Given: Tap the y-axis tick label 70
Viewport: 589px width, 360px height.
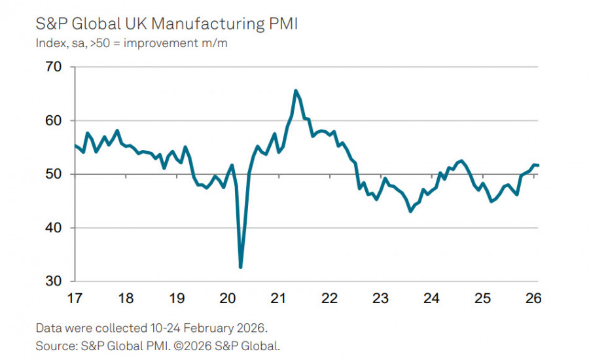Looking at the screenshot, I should click(x=54, y=67).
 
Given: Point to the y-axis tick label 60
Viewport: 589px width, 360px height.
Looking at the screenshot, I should click(x=54, y=120).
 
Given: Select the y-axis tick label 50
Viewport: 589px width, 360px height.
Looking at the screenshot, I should click(x=54, y=174).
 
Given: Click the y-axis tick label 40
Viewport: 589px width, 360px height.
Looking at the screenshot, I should click(x=54, y=228).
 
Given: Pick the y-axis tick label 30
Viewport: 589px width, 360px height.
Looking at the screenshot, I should click(x=54, y=281).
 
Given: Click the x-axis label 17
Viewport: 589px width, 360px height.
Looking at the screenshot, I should click(x=75, y=298).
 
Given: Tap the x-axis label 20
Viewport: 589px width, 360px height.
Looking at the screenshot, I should click(x=228, y=298).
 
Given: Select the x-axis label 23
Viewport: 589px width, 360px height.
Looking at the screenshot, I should click(x=380, y=298).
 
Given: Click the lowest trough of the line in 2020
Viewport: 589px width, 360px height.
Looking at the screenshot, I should click(x=241, y=267).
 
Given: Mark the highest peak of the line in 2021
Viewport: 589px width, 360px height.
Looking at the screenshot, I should click(x=296, y=90).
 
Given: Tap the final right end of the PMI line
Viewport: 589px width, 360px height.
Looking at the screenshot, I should click(x=538, y=165).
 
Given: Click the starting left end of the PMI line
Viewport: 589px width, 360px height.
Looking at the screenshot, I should click(x=75, y=145).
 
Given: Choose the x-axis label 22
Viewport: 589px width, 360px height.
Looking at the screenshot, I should click(x=329, y=298).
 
